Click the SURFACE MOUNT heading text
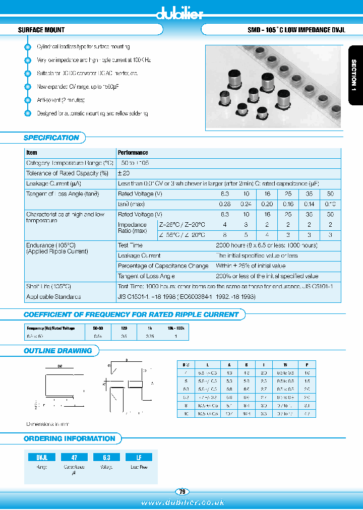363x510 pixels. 41,30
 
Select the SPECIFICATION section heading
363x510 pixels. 51,138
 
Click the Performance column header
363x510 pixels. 133,153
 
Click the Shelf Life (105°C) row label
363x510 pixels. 48,286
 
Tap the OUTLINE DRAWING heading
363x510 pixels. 58,351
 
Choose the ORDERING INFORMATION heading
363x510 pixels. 70,438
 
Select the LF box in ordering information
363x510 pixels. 139,457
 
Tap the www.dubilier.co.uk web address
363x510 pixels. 183,502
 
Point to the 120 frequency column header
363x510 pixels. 124,328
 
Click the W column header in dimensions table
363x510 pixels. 285,364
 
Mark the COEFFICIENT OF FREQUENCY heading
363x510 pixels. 131,314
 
